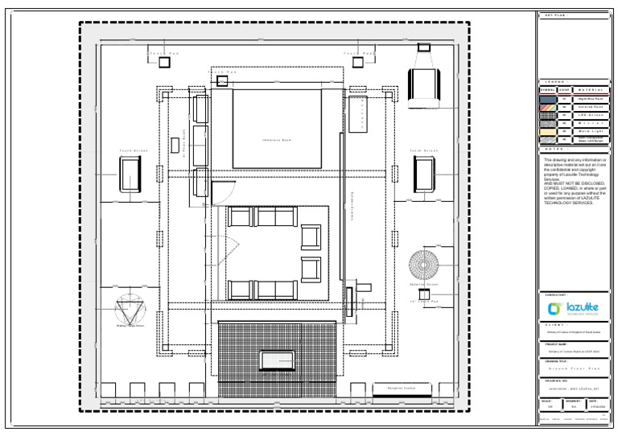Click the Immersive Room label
[276, 140]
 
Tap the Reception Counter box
[401, 389]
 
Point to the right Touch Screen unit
[424, 174]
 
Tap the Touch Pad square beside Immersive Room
[221, 80]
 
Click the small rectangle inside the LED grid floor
[276, 359]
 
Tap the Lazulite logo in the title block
[572, 308]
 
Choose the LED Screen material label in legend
[589, 115]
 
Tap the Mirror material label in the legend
[589, 123]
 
